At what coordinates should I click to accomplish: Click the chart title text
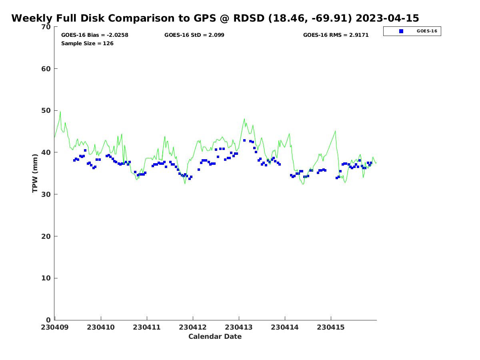[215, 18]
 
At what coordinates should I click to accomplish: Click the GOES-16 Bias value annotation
[95, 35]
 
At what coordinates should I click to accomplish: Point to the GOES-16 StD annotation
[194, 35]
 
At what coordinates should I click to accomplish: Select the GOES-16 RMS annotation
[336, 35]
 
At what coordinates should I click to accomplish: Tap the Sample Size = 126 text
[87, 44]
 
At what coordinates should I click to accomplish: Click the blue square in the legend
[401, 31]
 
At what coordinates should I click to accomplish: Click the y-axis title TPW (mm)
[35, 173]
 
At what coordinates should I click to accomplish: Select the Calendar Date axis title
[215, 337]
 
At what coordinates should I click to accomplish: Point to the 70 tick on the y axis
[46, 27]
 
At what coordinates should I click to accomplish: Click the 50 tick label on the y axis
[46, 111]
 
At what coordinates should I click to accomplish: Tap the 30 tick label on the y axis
[46, 194]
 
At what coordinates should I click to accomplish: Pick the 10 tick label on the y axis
[46, 278]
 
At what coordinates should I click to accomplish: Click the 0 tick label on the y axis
[48, 320]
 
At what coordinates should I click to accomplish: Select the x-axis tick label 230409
[55, 327]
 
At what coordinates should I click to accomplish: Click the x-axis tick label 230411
[147, 327]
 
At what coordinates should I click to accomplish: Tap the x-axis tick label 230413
[239, 327]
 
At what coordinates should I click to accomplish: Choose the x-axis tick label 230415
[331, 327]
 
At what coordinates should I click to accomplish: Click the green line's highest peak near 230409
[60, 111]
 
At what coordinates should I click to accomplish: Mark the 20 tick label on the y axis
[46, 236]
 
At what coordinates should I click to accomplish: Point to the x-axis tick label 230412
[193, 327]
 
